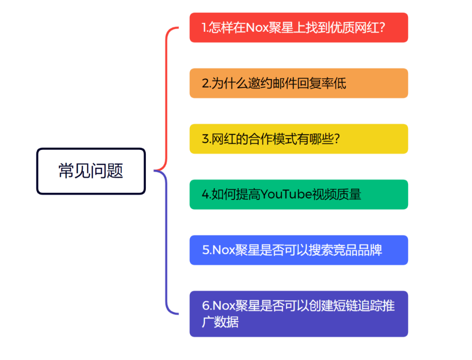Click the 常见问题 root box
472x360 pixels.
[91, 171]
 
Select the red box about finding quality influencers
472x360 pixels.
[299, 28]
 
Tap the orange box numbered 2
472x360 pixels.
[299, 83]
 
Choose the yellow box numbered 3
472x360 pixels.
[299, 139]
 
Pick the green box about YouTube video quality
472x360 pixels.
[299, 194]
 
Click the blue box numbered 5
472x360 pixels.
[299, 250]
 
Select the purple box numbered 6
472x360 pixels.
[299, 313]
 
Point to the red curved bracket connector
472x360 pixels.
[166, 99]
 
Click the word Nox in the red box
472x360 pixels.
[257, 28]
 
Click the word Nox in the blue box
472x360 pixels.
[223, 250]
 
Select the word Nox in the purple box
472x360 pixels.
[223, 305]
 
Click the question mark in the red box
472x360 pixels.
[382, 28]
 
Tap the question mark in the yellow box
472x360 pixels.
[337, 139]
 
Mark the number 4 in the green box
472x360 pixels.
[206, 194]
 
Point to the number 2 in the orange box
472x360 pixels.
[205, 83]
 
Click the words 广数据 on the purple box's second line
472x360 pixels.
[220, 322]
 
